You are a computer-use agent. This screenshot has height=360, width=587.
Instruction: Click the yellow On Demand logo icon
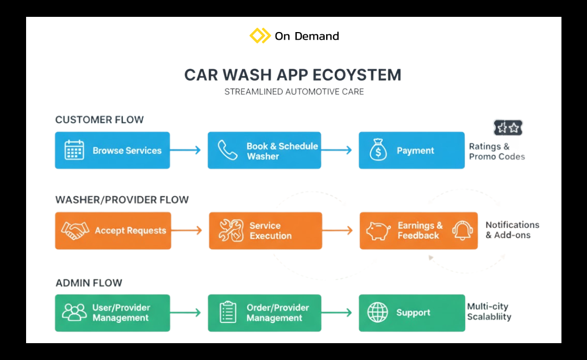point(260,36)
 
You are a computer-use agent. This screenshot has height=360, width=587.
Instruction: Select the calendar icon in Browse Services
point(74,150)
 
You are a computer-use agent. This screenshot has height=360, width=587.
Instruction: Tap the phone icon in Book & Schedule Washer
point(227,150)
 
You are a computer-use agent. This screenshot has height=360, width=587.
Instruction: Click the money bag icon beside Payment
point(378,150)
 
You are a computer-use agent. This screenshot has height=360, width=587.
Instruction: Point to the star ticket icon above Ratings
point(508,128)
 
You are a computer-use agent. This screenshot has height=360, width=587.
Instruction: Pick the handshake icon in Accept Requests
point(75,231)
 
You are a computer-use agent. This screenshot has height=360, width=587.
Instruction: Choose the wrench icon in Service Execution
point(230,231)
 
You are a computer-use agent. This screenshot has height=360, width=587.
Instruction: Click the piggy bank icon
point(378,231)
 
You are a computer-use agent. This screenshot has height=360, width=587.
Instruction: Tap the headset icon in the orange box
point(461,231)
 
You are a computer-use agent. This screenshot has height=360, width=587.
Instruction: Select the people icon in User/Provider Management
point(74,313)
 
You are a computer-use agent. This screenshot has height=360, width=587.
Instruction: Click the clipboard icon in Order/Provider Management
point(228,313)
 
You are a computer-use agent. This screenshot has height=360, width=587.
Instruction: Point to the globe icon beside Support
point(378,313)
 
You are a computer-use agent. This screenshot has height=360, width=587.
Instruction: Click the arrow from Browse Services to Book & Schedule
point(185,150)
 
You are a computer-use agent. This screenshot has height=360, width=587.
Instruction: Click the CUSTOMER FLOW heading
point(99,120)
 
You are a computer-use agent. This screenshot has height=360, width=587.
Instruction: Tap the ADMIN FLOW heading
point(89,283)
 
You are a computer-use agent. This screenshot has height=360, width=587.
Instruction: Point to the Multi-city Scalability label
point(489,312)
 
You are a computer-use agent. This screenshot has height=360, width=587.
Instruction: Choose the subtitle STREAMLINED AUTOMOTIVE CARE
point(294,92)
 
